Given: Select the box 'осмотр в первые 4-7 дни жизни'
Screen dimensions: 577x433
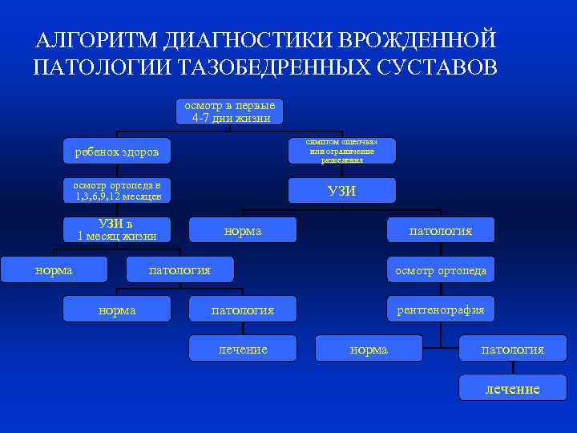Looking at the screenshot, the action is click(x=230, y=111).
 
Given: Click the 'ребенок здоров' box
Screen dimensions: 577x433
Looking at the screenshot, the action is click(x=117, y=151).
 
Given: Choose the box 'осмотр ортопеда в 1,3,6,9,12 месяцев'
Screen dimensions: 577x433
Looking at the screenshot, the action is click(x=117, y=190).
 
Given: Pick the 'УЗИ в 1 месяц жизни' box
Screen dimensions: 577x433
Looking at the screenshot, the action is click(x=117, y=229).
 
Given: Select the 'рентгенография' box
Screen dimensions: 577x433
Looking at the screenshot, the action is click(x=441, y=309).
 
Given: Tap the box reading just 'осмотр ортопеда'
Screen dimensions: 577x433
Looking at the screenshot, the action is click(x=441, y=270).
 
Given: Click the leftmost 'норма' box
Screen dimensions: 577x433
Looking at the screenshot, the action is click(x=54, y=269).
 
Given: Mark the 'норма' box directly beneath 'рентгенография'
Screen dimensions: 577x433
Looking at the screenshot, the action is click(x=369, y=349).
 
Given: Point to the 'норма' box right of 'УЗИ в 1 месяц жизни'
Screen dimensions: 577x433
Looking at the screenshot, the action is click(x=243, y=230).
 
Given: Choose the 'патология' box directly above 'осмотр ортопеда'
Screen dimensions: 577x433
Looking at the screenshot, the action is click(x=441, y=230).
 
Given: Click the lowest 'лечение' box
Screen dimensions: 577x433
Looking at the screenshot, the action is click(x=512, y=388).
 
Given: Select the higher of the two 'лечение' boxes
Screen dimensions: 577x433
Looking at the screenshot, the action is click(x=243, y=349).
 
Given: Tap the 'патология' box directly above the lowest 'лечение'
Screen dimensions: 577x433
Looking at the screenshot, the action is click(x=512, y=349).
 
